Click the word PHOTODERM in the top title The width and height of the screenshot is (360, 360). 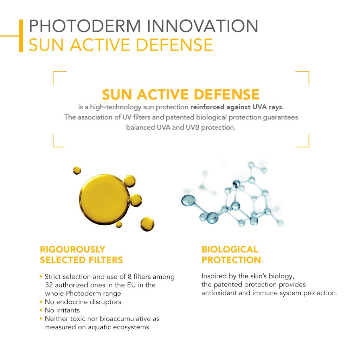pyautogui.click(x=85, y=26)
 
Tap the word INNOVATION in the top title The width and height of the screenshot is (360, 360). pyautogui.click(x=203, y=26)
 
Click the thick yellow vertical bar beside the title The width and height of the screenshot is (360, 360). pyautogui.click(x=21, y=36)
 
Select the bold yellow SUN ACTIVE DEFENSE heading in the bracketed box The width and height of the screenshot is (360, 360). pyautogui.click(x=181, y=94)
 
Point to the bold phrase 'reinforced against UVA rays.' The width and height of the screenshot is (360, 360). pyautogui.click(x=237, y=107)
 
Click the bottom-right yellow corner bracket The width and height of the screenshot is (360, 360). pyautogui.click(x=303, y=141)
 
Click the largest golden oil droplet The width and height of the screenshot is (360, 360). pyautogui.click(x=104, y=200)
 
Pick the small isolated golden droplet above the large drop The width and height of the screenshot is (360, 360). pyautogui.click(x=77, y=171)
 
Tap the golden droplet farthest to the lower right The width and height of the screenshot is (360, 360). pyautogui.click(x=147, y=224)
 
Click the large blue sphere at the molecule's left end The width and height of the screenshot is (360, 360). pyautogui.click(x=188, y=200)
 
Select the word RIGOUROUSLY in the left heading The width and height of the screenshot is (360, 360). pyautogui.click(x=72, y=249)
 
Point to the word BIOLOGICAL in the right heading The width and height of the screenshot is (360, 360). pyautogui.click(x=230, y=249)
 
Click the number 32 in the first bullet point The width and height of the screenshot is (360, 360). pyautogui.click(x=49, y=285)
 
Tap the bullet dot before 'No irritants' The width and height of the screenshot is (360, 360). pyautogui.click(x=41, y=310)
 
